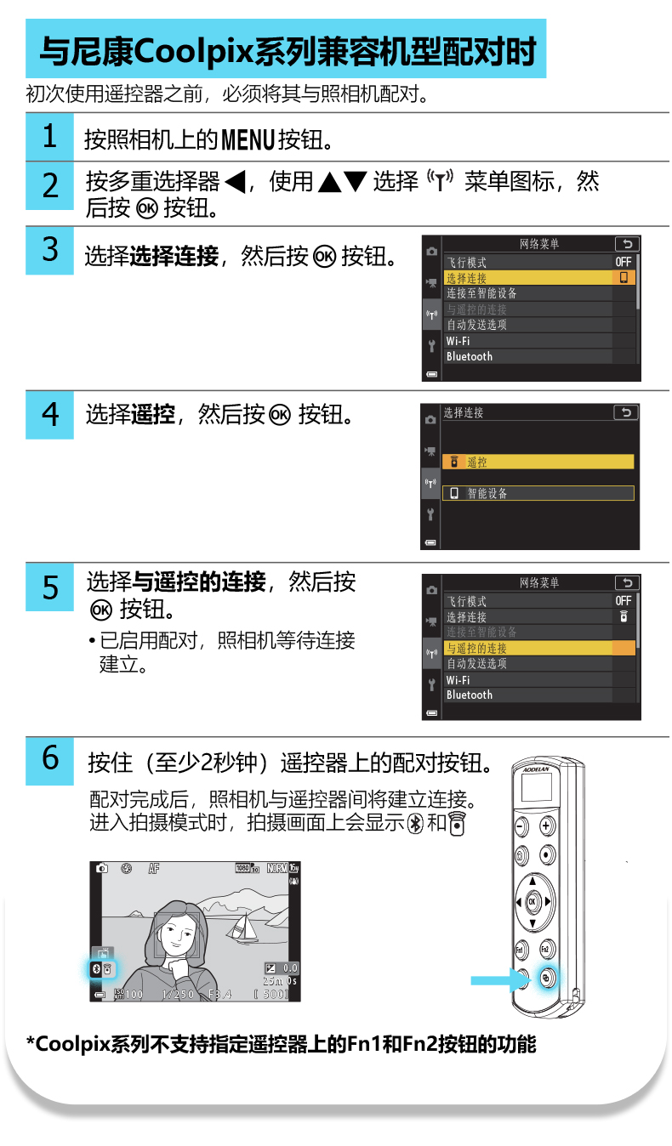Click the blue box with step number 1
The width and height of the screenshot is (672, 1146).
(x=49, y=136)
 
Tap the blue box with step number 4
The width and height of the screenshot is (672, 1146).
(x=49, y=415)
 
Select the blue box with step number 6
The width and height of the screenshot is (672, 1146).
(x=49, y=761)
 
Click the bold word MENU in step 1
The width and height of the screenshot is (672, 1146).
(x=248, y=139)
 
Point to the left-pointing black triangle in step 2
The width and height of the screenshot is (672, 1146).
(x=236, y=182)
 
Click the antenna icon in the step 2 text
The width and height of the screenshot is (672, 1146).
(x=441, y=179)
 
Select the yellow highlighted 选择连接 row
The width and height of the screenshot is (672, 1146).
(x=540, y=277)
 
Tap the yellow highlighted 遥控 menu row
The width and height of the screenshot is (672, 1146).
(x=538, y=462)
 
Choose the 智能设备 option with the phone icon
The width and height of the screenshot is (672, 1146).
(x=538, y=493)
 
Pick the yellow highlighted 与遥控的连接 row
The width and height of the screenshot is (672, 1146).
(x=540, y=648)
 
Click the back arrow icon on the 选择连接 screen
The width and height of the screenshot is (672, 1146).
(x=626, y=412)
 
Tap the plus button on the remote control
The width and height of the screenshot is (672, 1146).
(x=546, y=825)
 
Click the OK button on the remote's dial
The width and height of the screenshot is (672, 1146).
(x=532, y=901)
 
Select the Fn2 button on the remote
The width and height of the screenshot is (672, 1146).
(x=546, y=949)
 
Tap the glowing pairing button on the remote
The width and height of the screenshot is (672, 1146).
(x=546, y=979)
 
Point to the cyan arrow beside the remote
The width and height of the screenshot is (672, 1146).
(x=499, y=980)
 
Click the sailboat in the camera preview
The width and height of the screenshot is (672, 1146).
(x=243, y=927)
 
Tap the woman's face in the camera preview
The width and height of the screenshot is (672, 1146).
(x=177, y=933)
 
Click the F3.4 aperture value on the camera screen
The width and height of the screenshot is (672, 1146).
(x=219, y=994)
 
